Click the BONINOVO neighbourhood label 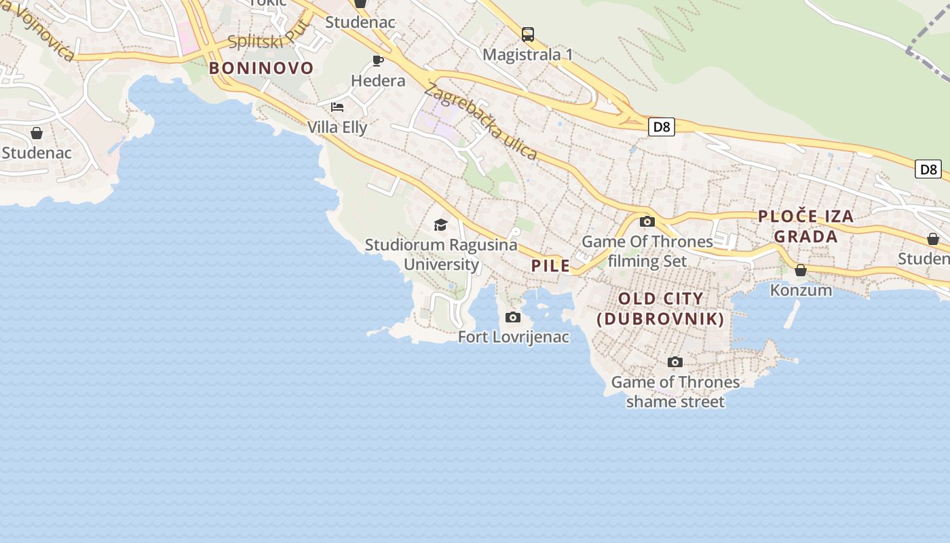coord(261,68)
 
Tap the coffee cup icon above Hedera coord(379,61)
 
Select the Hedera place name coord(378,81)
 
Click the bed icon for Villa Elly coord(337,107)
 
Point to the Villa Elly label coord(337,127)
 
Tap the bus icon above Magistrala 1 coord(528,35)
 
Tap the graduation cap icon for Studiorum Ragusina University coord(441,225)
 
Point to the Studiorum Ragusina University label coord(441,254)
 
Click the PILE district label coord(551,266)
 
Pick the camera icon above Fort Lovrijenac coord(514,317)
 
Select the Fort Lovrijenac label coord(514,337)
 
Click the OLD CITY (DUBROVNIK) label coord(661,309)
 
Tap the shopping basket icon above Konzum coord(801,270)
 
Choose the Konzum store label coord(801,290)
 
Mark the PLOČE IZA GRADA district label coord(806,227)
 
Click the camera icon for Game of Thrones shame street coord(675,362)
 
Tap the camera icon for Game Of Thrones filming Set coord(647,221)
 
